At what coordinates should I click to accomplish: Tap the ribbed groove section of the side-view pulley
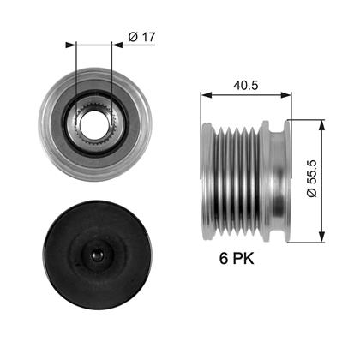click(231, 180)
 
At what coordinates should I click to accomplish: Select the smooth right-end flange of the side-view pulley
click(279, 180)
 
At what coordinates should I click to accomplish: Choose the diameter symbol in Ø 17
click(133, 38)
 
